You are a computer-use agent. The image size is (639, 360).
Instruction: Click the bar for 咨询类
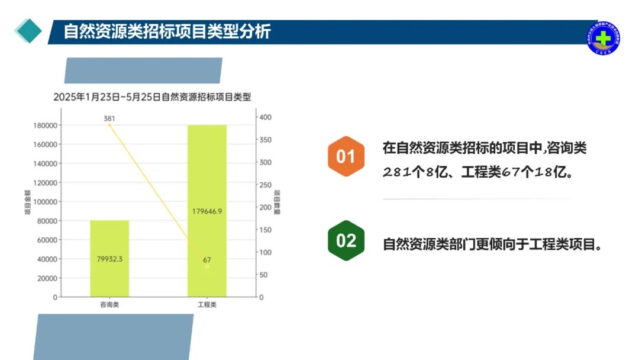(109, 258)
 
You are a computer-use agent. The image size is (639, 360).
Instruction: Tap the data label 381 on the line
(109, 118)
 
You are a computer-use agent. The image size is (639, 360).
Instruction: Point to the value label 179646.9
(207, 211)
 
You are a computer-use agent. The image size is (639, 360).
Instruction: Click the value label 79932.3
(109, 259)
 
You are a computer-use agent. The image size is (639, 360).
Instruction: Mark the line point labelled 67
(207, 266)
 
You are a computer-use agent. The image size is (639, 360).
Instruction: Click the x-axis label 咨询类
(109, 306)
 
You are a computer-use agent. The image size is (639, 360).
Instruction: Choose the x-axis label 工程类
(207, 306)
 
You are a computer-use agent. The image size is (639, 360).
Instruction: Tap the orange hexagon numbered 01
(346, 157)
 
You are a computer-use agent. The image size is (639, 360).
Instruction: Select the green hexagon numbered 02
(346, 240)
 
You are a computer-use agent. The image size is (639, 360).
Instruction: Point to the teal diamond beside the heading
(28, 31)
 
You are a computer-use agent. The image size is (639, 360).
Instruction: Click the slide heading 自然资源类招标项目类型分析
(167, 31)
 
